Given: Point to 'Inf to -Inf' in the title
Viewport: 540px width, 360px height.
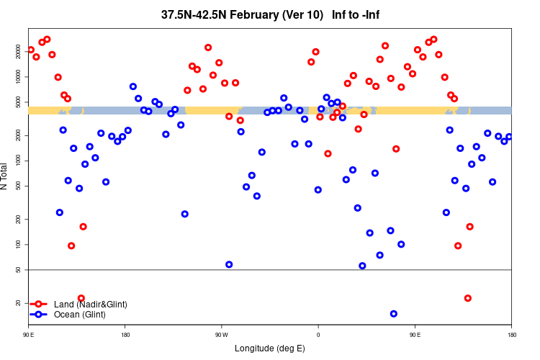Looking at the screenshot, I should point(356,14).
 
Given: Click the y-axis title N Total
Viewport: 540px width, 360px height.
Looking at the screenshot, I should point(6,176).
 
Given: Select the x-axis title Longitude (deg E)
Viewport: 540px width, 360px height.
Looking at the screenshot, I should point(270,348).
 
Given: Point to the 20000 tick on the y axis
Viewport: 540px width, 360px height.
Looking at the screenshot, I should point(19,50).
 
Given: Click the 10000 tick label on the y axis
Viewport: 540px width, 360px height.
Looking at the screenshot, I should point(19,76).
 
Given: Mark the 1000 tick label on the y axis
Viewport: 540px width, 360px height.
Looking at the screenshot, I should point(19,161).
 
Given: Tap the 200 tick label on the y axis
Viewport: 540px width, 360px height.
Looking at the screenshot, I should point(19,219).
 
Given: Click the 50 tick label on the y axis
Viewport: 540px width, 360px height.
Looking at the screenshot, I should point(19,270).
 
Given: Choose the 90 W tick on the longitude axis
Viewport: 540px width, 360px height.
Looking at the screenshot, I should point(221,335).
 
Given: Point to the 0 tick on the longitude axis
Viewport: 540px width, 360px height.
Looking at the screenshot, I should point(318,335).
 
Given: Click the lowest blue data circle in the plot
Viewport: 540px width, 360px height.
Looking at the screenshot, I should point(394,314).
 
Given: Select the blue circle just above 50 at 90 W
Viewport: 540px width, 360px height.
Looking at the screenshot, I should point(229,264).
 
